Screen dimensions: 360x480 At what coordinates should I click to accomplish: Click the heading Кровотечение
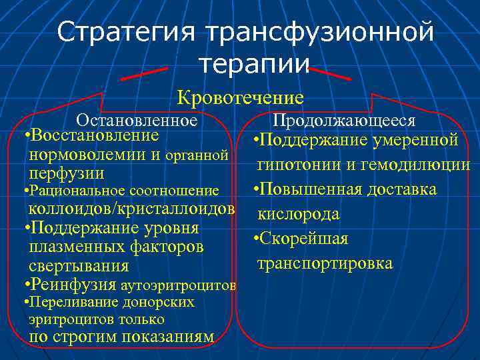click(240, 98)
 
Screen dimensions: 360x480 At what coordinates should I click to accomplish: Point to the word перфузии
click(67, 173)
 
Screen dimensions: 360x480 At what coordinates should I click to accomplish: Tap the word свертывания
click(79, 266)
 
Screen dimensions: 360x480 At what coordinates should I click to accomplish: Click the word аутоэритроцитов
click(179, 286)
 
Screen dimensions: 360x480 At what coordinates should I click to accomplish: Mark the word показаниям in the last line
click(166, 337)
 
